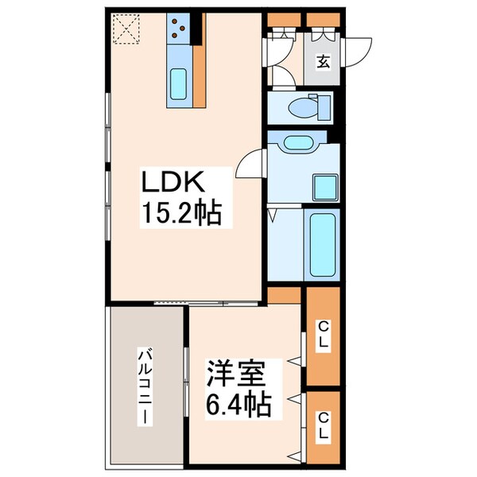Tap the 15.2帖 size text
click(181, 213)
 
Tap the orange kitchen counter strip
click(199, 60)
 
